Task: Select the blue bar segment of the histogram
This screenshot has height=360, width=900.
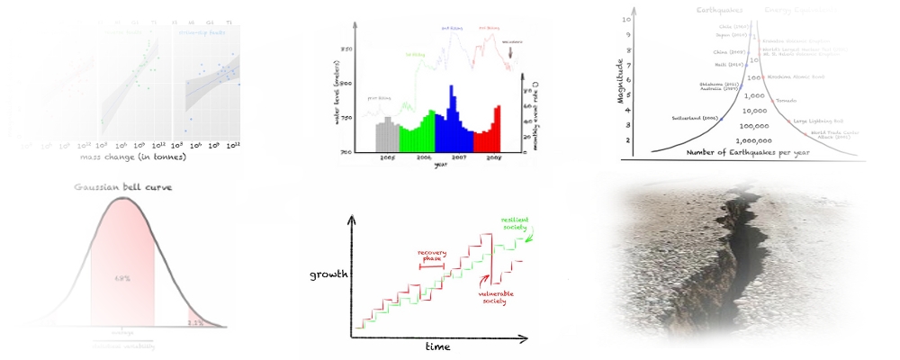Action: coord(452,126)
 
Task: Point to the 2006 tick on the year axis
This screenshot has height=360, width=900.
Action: coord(424,157)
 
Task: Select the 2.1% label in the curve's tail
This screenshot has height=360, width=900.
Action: coord(193,321)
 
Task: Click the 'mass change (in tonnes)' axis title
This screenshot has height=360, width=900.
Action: coord(132,157)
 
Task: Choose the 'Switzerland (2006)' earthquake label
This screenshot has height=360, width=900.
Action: coord(696,119)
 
